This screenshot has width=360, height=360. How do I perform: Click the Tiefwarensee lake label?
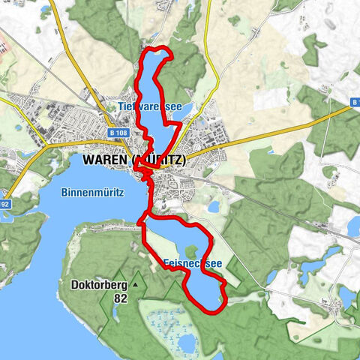tap(150, 107)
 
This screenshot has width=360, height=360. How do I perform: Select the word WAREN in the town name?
tap(103, 160)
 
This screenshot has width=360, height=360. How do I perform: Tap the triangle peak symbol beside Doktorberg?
tap(135, 285)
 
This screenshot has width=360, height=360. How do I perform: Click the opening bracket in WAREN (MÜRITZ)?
tap(134, 160)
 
